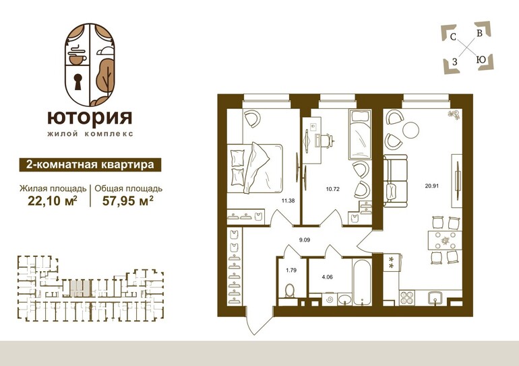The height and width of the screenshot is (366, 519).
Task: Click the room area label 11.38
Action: tap(288, 200)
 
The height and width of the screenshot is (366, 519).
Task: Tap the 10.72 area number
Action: tap(333, 189)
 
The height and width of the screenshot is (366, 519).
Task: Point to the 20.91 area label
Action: tap(432, 186)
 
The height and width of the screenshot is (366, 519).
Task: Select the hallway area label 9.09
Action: tap(305, 240)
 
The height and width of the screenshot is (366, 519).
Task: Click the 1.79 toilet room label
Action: tap(291, 270)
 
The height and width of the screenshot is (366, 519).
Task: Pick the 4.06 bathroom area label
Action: tap(327, 277)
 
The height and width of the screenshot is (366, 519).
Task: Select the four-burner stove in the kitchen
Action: tap(406, 297)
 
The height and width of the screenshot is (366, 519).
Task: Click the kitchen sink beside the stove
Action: tap(435, 297)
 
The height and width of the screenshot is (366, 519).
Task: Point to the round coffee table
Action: tap(411, 130)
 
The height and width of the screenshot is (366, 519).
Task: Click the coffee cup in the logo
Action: tap(78, 59)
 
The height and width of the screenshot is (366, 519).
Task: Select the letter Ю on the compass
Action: tap(481, 60)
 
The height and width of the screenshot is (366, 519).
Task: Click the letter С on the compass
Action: tap(453, 37)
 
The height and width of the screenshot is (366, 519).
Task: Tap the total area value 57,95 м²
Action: tap(128, 201)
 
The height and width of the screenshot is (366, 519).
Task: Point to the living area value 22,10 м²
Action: tap(53, 201)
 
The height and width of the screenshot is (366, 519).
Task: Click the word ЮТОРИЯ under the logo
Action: tap(90, 118)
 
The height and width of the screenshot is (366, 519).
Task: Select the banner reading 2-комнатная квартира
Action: tap(90, 165)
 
